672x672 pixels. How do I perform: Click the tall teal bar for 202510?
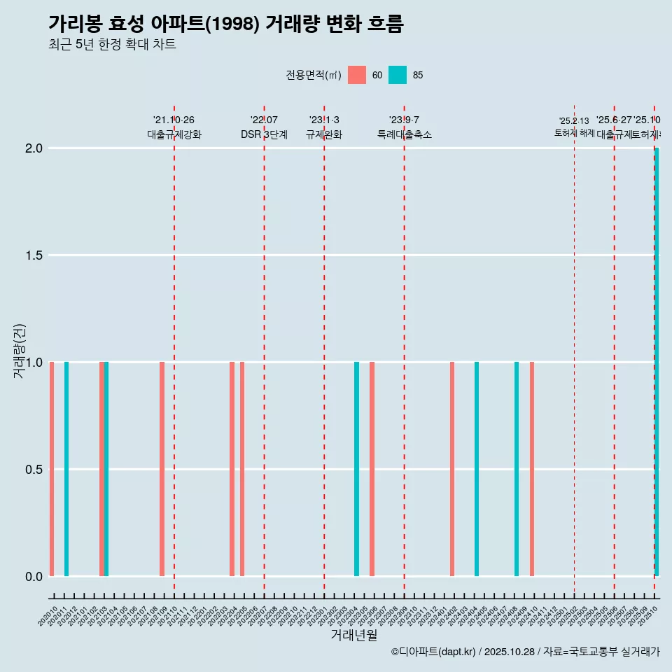(657, 362)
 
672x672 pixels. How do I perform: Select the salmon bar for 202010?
(52, 469)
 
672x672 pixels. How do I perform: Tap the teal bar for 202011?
(66, 469)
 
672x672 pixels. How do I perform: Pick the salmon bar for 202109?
(162, 469)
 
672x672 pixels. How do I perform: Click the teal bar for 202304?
(356, 469)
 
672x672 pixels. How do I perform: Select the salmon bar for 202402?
(452, 469)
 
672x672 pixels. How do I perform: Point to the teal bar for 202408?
(517, 469)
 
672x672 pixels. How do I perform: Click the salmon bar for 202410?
(532, 469)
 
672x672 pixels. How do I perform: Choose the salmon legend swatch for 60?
(357, 75)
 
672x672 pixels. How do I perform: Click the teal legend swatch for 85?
(398, 75)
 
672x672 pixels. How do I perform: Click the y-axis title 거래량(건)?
(20, 351)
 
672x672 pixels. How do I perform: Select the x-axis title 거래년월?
(353, 635)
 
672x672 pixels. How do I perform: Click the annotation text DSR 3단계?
(264, 134)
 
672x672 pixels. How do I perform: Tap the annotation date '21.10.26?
(174, 120)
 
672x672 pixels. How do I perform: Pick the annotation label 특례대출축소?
(404, 134)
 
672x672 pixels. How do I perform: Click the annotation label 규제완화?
(324, 134)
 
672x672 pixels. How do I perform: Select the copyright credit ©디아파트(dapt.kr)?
(434, 652)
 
